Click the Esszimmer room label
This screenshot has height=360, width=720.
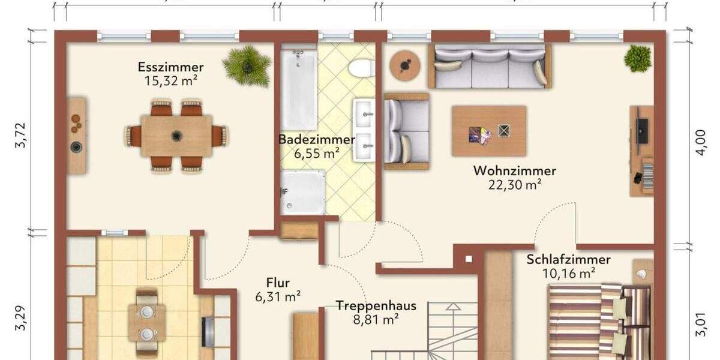(170, 67)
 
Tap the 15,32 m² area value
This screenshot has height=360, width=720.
(170, 81)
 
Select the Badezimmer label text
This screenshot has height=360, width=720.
(316, 139)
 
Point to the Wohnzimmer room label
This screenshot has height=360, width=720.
(514, 171)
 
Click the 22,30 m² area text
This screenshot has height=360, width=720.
(514, 185)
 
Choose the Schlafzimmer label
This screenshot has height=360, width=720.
(568, 260)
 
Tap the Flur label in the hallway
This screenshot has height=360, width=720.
(278, 282)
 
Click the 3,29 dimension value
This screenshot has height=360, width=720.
(22, 319)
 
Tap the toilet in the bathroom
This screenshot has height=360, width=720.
(362, 67)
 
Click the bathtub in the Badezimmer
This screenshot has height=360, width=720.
(299, 89)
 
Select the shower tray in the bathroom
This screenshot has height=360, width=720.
(304, 192)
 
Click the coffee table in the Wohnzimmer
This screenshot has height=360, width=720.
(489, 131)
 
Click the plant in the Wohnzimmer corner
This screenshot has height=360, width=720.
(637, 58)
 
